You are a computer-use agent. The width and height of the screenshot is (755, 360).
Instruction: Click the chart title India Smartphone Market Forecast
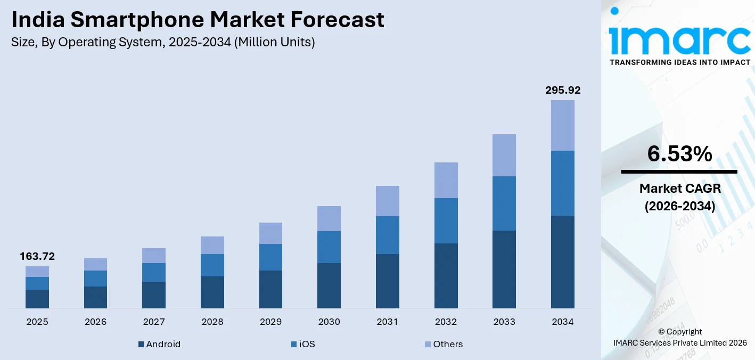tap(198, 20)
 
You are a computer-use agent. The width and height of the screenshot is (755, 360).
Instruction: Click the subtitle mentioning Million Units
tap(163, 43)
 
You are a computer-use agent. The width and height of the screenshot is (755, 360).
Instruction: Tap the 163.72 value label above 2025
tap(37, 257)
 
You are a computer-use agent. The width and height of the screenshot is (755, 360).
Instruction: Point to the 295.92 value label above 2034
tap(563, 90)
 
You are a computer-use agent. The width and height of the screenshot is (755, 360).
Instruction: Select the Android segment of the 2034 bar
tap(563, 261)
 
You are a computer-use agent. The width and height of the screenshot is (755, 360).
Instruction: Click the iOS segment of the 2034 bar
tap(563, 183)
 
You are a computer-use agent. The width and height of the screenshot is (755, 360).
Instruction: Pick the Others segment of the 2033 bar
tap(504, 155)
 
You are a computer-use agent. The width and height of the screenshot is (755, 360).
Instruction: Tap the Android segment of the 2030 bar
tap(329, 285)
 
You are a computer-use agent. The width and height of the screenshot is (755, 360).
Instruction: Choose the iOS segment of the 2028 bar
tap(212, 265)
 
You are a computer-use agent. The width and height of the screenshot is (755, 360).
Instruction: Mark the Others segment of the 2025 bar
tap(37, 272)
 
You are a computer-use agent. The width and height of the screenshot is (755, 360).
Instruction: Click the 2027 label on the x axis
tap(154, 322)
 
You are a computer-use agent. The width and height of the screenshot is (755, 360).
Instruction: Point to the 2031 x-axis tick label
tap(388, 322)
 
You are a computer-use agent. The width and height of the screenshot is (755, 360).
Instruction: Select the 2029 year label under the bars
tap(270, 322)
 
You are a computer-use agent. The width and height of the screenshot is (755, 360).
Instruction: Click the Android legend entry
tap(159, 344)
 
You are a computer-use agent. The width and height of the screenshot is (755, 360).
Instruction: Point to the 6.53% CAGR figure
tap(679, 154)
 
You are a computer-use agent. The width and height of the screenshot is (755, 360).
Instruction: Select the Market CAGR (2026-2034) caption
tap(679, 197)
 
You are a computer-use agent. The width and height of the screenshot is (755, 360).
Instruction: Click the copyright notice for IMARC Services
tap(679, 337)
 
